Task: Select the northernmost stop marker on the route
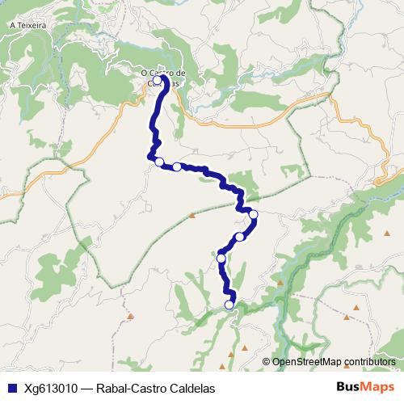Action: (x=158, y=79)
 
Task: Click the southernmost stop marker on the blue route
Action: (x=229, y=305)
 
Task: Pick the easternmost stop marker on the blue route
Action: (x=253, y=214)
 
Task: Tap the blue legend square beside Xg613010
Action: (x=11, y=388)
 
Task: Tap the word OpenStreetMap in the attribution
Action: (x=308, y=362)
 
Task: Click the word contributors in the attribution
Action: (x=371, y=362)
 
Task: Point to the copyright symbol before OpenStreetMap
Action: (x=267, y=362)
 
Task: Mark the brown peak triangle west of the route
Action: (x=192, y=216)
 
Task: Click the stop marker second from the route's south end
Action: (x=221, y=259)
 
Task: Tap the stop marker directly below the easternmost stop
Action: (x=239, y=237)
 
